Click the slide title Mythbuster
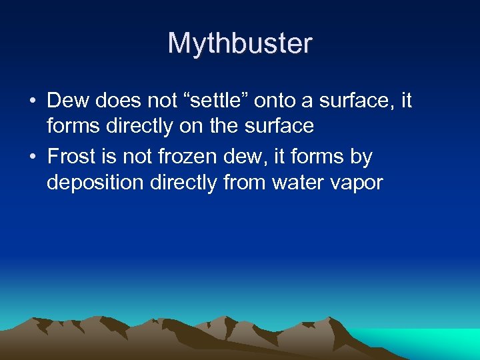[x=240, y=44]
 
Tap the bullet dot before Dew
[x=32, y=102]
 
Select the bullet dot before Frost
[x=32, y=158]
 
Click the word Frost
[x=72, y=157]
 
